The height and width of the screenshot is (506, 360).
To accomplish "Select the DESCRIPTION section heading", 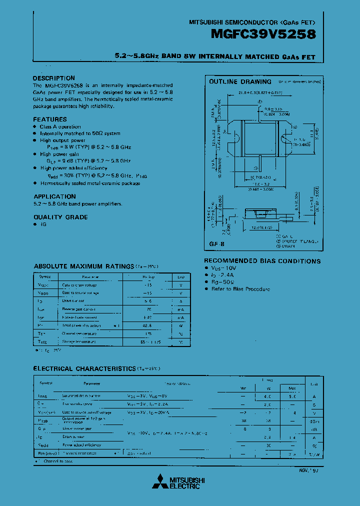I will (53, 78).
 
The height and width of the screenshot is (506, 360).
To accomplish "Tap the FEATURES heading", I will (49, 119).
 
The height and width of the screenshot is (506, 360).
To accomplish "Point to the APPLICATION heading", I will (54, 196).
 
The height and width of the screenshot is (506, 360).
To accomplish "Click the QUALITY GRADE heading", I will (60, 217).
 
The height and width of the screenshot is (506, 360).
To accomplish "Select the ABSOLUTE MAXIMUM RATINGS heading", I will (82, 266).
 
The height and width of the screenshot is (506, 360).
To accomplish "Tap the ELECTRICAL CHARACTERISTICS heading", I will (84, 368).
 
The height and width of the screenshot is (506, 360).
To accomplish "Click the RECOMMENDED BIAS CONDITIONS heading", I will (262, 261).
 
